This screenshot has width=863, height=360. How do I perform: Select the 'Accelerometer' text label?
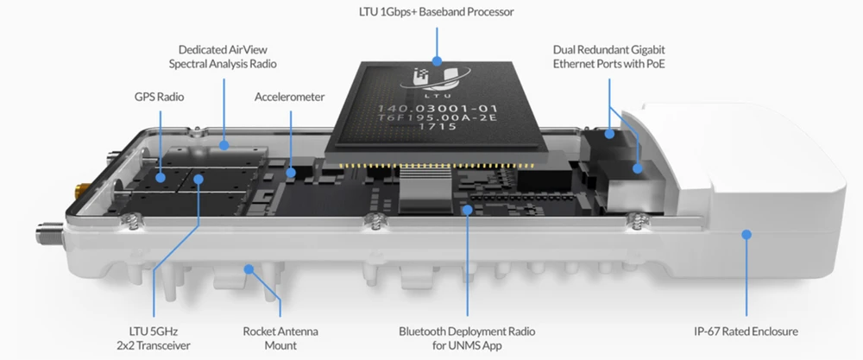289,97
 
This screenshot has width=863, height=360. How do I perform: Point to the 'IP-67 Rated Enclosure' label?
746,331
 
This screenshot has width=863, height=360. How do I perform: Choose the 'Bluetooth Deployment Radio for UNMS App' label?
466,338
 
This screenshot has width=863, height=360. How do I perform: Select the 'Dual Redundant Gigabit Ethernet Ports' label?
609,57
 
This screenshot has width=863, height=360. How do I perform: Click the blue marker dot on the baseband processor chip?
438,61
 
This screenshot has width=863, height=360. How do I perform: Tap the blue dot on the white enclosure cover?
746,234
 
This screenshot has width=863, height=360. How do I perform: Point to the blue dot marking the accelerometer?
290,173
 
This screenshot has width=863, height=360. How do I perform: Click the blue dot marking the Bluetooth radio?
466,210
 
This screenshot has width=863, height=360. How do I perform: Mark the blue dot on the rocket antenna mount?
249,269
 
